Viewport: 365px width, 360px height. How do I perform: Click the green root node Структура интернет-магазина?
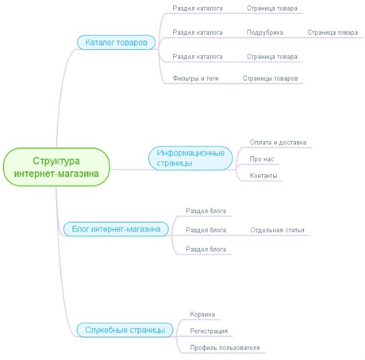coord(56,167)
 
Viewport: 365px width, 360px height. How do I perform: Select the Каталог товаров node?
coord(116,42)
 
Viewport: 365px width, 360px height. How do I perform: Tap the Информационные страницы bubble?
coord(191,158)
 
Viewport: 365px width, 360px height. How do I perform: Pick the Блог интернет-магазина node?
coord(116,229)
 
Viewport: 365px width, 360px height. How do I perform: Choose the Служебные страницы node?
coord(125,330)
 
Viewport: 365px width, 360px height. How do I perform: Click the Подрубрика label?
coord(265,33)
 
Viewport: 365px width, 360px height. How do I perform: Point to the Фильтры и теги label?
coord(195,78)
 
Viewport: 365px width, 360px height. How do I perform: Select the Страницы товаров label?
coord(270,78)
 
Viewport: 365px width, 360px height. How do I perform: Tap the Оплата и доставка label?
coord(278,142)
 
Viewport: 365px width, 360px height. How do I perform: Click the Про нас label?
coord(262,159)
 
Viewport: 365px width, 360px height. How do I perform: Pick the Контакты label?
coord(263,175)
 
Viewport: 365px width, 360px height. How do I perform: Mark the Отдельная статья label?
coord(277,230)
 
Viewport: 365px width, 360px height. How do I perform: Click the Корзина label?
coord(202,314)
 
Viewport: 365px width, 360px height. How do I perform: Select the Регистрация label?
coord(209,331)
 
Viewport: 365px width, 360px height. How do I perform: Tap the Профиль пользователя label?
coord(225,348)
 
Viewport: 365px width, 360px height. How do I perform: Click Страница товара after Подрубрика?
coord(332,33)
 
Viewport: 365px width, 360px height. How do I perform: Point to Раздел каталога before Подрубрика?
coord(198,33)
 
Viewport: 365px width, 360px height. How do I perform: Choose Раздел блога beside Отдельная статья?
coord(206,230)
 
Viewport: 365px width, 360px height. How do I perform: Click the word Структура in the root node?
coord(56,161)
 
